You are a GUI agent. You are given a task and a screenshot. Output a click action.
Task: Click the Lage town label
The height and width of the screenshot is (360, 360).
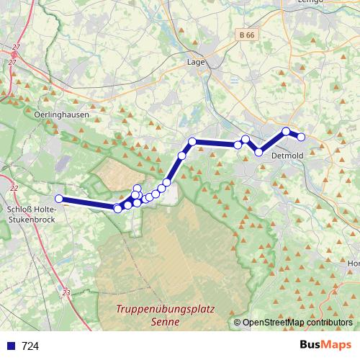click(196, 62)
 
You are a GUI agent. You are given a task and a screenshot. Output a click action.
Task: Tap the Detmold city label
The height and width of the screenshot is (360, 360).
click(287, 155)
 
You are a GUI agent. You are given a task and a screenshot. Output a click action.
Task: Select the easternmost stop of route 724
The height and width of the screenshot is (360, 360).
click(302, 137)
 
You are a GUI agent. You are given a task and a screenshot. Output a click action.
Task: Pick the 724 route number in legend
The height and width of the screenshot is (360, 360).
click(30, 346)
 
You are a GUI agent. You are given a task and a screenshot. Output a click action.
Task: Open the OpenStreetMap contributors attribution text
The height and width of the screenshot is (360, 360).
click(297, 323)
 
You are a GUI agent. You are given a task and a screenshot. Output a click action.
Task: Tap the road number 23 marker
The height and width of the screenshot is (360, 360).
click(67, 292)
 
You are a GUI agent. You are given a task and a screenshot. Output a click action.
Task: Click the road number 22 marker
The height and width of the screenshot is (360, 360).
click(14, 188)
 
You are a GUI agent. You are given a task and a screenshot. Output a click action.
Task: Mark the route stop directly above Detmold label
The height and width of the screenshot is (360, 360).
click(287, 131)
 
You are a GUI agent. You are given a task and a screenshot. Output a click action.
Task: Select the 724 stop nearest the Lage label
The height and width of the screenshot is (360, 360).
click(192, 141)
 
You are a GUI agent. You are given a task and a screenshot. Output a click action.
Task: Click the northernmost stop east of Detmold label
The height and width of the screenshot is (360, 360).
click(287, 131)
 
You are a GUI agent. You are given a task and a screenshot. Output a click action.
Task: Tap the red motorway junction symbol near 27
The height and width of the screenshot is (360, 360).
click(14, 53)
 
